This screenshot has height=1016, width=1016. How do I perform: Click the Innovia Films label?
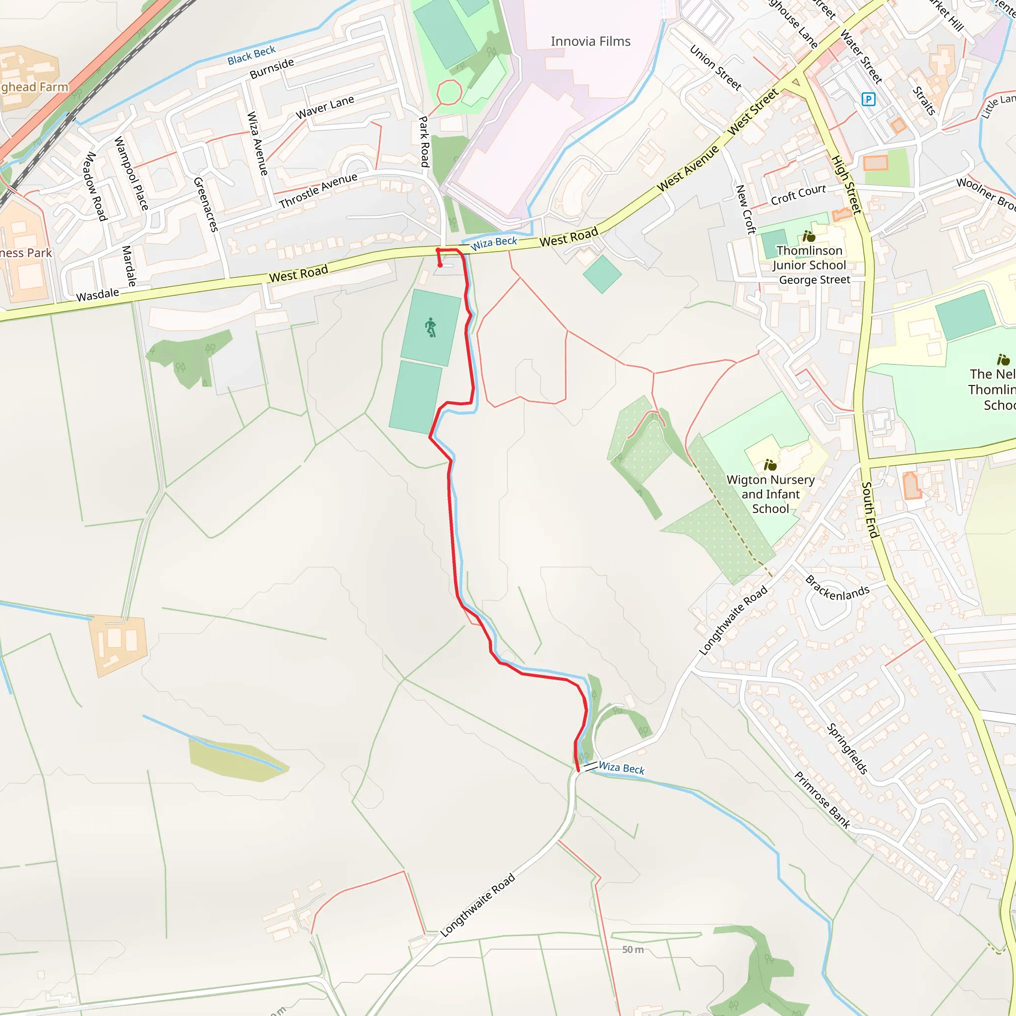coord(590,42)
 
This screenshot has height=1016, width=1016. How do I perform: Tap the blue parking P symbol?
coord(868,99)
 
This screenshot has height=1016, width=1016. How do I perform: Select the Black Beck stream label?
coord(252,55)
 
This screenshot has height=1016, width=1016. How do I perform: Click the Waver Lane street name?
coord(324,107)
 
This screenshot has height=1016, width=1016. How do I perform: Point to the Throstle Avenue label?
coord(318,190)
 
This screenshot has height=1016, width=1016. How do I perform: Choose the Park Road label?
coord(424,142)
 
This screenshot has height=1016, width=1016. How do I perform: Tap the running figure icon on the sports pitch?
coord(431,327)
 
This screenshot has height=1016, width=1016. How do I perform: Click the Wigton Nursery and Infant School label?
coord(770,494)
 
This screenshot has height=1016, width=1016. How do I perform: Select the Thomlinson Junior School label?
coord(809,257)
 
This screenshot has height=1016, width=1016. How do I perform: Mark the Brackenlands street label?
coord(837,588)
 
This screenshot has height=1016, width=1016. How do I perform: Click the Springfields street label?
coord(847,749)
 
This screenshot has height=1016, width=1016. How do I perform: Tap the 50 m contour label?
coord(633,950)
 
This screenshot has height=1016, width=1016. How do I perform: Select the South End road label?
coord(870,509)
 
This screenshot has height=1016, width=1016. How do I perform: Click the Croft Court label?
coord(798,194)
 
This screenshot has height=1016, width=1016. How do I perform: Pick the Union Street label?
coord(715,68)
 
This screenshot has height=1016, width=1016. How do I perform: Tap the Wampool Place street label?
coord(131,174)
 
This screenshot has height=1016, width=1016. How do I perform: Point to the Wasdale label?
coord(98,295)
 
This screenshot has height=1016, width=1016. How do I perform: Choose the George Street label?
coord(815,280)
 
